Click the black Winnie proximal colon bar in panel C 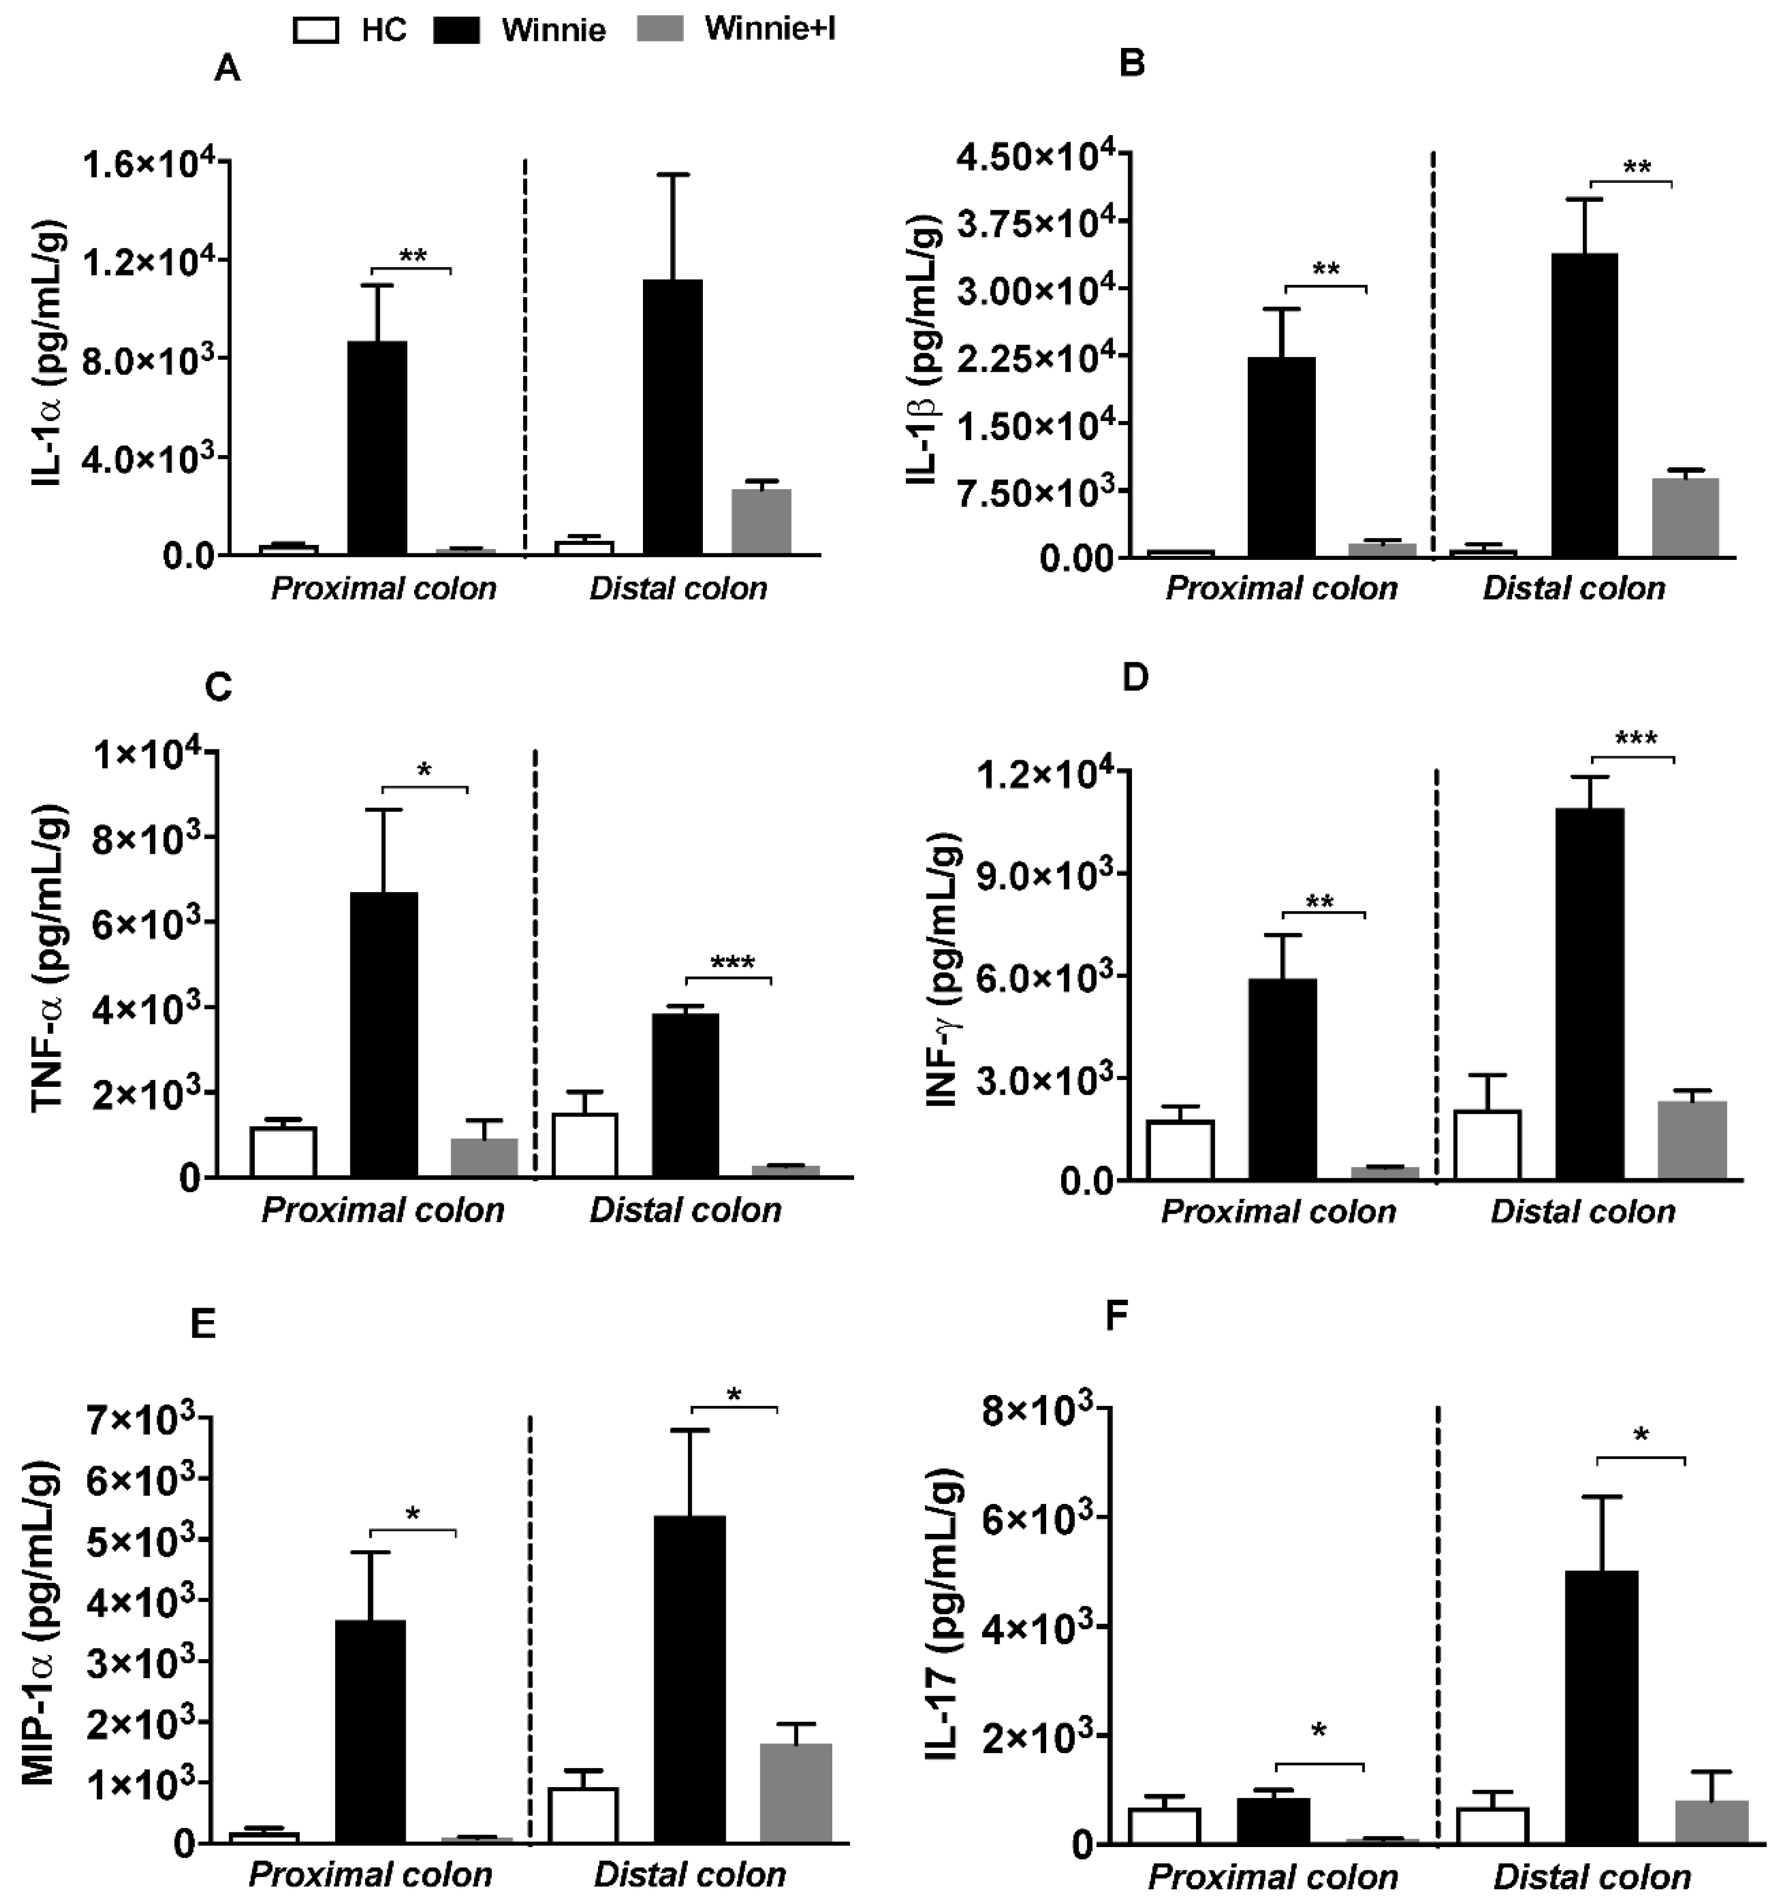[383, 1034]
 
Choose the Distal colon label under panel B [1573, 588]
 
